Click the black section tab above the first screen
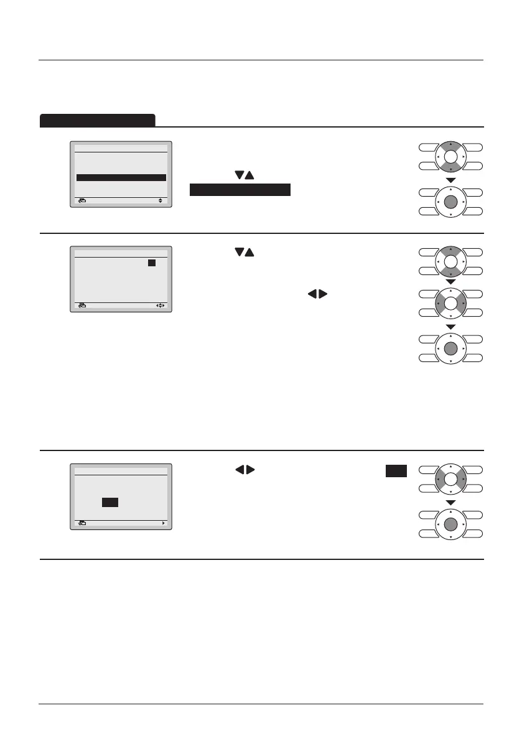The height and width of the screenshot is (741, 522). pyautogui.click(x=97, y=120)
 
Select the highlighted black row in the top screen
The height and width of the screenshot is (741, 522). pyautogui.click(x=121, y=177)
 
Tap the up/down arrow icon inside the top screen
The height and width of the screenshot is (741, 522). pyautogui.click(x=161, y=201)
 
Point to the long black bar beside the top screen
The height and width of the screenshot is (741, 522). pyautogui.click(x=240, y=190)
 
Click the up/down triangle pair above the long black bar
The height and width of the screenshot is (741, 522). pyautogui.click(x=245, y=176)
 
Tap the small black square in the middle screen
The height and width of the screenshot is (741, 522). pyautogui.click(x=151, y=263)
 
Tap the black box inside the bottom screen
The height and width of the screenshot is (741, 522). pyautogui.click(x=110, y=502)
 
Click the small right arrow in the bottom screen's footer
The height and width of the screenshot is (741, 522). pyautogui.click(x=164, y=523)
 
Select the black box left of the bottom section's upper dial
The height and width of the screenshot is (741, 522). pyautogui.click(x=396, y=471)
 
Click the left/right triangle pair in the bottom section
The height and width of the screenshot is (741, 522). pyautogui.click(x=245, y=471)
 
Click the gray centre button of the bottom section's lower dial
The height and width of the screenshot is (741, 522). pyautogui.click(x=452, y=526)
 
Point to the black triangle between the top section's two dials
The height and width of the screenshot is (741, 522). pyautogui.click(x=452, y=180)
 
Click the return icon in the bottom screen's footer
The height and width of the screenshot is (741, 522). pyautogui.click(x=82, y=523)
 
